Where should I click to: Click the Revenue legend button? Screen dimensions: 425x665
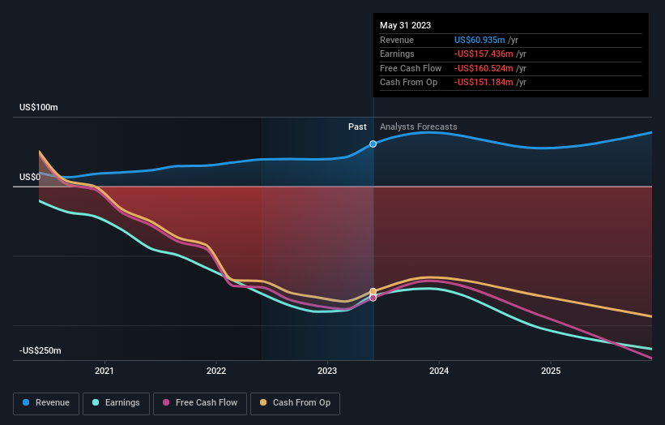point(46,402)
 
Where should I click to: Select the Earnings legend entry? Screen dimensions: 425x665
point(114,402)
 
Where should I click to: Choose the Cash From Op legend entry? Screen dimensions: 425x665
point(295,402)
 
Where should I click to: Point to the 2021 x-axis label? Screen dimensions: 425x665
point(104,371)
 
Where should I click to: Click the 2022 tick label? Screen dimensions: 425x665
point(216,371)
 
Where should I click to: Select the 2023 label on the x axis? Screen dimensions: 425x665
point(327,371)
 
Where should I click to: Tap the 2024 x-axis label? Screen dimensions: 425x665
point(439,371)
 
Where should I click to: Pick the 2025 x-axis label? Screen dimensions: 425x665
point(550,371)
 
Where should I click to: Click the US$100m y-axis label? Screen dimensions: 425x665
point(39,108)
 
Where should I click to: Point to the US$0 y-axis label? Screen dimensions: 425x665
point(31,177)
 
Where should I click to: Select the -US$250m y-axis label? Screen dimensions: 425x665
point(40,350)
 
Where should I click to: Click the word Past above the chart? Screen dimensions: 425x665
point(357,127)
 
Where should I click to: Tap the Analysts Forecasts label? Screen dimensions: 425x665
point(418,127)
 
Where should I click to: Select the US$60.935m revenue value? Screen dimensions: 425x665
point(480,40)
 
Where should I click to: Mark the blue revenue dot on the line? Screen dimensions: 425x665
point(373,144)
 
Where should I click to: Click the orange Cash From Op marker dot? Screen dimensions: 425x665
point(373,291)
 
